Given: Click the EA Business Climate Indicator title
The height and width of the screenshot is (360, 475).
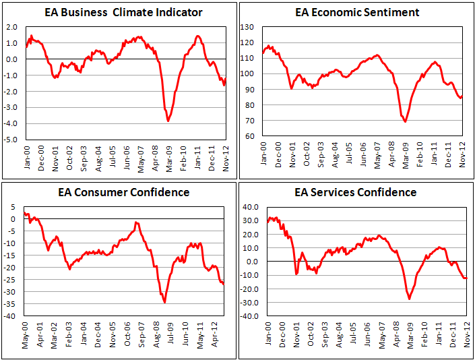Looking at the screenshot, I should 119,13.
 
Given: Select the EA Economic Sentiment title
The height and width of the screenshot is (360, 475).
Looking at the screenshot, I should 357,13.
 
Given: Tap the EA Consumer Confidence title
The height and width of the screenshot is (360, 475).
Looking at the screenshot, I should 119,193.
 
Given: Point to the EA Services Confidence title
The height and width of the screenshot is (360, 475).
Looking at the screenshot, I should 357,193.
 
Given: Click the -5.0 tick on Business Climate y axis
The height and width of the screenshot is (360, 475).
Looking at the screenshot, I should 12,140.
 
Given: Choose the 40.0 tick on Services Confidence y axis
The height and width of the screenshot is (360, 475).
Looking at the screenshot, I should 252,207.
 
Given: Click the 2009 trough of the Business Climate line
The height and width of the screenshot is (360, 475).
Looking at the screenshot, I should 168,121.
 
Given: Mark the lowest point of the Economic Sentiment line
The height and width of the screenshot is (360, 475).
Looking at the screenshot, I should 405,121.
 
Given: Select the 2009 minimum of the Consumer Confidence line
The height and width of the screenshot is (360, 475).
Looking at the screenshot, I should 165,303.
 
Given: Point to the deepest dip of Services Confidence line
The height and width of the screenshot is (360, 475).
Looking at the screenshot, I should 409,299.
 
